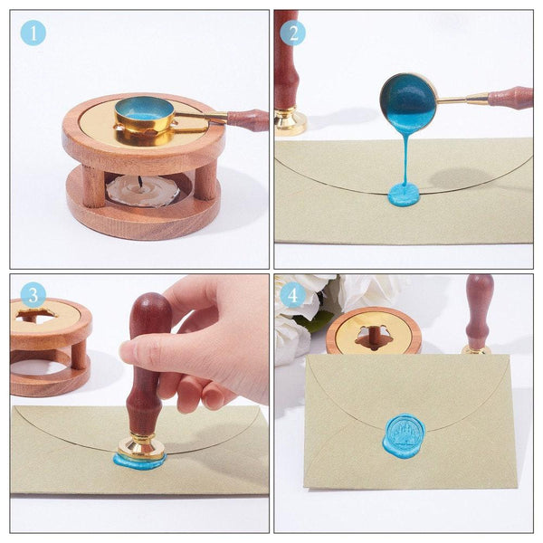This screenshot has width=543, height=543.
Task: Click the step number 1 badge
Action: pos(33,33)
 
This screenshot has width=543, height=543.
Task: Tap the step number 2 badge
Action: pos(292,33)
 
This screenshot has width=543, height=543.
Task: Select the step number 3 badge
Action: pos(33,295)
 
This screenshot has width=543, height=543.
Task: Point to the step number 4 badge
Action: pos(292,295)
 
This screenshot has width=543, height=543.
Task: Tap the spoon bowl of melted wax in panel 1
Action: pos(145,111)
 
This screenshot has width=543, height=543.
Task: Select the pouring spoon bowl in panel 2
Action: pos(408,101)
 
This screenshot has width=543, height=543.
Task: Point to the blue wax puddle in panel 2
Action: pos(404,194)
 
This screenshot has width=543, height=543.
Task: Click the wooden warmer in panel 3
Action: pos(51,344)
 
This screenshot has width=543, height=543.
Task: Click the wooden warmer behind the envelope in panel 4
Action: pos(373,330)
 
